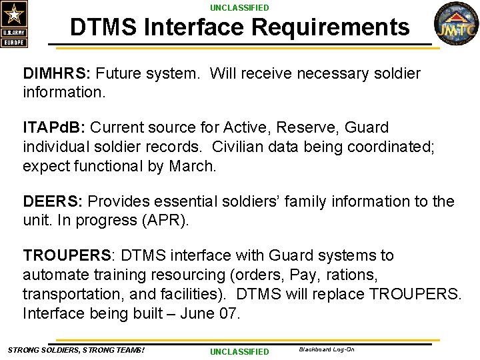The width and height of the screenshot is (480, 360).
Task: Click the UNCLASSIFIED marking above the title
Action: [239, 8]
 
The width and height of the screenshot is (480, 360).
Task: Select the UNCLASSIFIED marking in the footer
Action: [239, 351]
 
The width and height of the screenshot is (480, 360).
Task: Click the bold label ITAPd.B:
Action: [55, 127]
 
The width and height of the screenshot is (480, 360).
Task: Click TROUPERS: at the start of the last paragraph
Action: [70, 255]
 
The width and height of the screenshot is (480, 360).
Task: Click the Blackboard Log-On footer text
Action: [326, 349]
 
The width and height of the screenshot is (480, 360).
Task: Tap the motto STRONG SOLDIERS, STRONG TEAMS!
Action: [76, 350]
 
